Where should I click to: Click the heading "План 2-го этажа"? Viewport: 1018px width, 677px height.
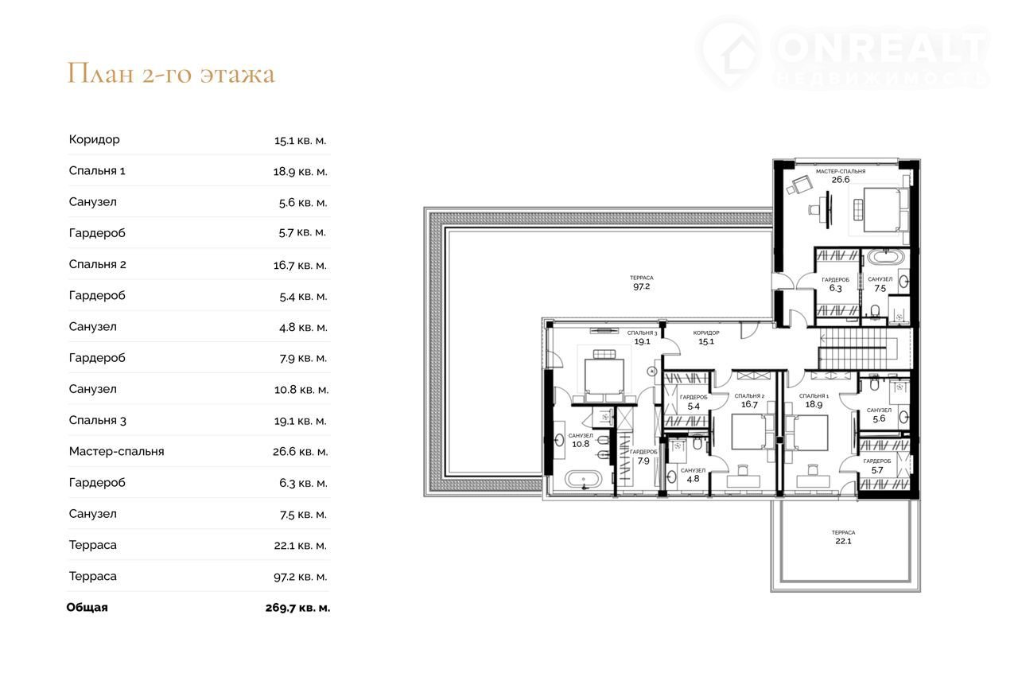point(171,73)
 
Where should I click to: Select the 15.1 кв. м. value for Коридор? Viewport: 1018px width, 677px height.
point(300,141)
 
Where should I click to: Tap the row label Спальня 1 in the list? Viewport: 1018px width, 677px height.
point(97,170)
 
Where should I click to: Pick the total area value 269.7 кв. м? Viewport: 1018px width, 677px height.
point(297,608)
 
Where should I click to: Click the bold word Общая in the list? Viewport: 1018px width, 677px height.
point(87,608)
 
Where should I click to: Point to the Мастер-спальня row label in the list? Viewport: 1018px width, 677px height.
point(116,452)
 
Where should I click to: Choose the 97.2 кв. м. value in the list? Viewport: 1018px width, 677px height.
point(300,577)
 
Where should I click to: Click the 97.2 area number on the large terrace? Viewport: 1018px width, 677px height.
point(641,286)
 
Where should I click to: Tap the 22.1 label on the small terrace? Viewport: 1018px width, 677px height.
point(843,541)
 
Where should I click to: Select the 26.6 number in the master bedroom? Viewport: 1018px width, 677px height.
point(841,180)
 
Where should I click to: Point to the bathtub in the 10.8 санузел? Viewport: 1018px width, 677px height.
point(583,480)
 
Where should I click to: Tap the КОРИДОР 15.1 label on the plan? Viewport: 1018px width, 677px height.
point(706,337)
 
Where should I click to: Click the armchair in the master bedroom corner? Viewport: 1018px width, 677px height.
point(799,185)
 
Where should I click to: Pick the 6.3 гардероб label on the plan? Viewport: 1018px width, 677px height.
point(835,284)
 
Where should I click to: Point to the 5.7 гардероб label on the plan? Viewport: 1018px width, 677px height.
point(877,466)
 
